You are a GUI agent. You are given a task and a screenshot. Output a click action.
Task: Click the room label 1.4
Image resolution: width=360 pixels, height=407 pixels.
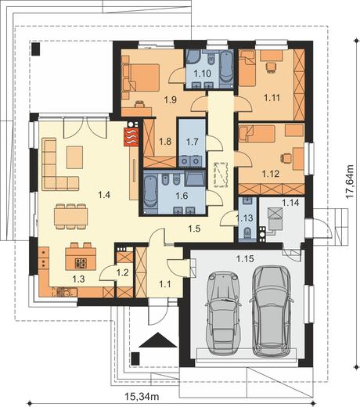(104, 195)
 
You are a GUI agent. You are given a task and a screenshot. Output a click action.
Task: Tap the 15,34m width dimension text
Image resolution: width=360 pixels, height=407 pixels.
(142, 397)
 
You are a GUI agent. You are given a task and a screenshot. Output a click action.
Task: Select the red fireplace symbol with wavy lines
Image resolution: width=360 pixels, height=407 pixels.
(132, 136)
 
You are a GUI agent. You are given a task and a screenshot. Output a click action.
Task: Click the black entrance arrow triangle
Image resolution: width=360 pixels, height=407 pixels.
(158, 340)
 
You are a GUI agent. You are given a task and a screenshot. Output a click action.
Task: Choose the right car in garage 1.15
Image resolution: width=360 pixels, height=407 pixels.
(272, 312)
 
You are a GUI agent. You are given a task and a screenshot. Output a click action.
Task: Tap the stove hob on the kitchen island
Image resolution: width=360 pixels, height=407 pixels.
(81, 263)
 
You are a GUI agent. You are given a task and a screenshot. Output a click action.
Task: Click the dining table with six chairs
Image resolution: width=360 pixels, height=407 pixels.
(71, 217)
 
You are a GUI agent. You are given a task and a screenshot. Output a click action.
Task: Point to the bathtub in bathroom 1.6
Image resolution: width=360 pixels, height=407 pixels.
(149, 193)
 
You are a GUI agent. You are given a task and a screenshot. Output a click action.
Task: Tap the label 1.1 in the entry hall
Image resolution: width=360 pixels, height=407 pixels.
(165, 283)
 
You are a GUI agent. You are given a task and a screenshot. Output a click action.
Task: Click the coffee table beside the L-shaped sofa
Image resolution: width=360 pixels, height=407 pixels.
(74, 157)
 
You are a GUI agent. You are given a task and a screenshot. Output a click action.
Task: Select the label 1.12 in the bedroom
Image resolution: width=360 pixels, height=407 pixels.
(271, 174)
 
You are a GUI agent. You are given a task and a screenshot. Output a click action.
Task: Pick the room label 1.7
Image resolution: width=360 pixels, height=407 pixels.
(193, 142)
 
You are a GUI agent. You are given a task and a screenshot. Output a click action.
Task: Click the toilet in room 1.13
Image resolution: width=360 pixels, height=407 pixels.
(247, 232)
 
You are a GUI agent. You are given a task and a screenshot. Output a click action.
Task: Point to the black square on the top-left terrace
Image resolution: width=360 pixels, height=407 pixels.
(36, 49)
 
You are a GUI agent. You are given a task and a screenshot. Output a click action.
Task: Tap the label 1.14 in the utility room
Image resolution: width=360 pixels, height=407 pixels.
(290, 202)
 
